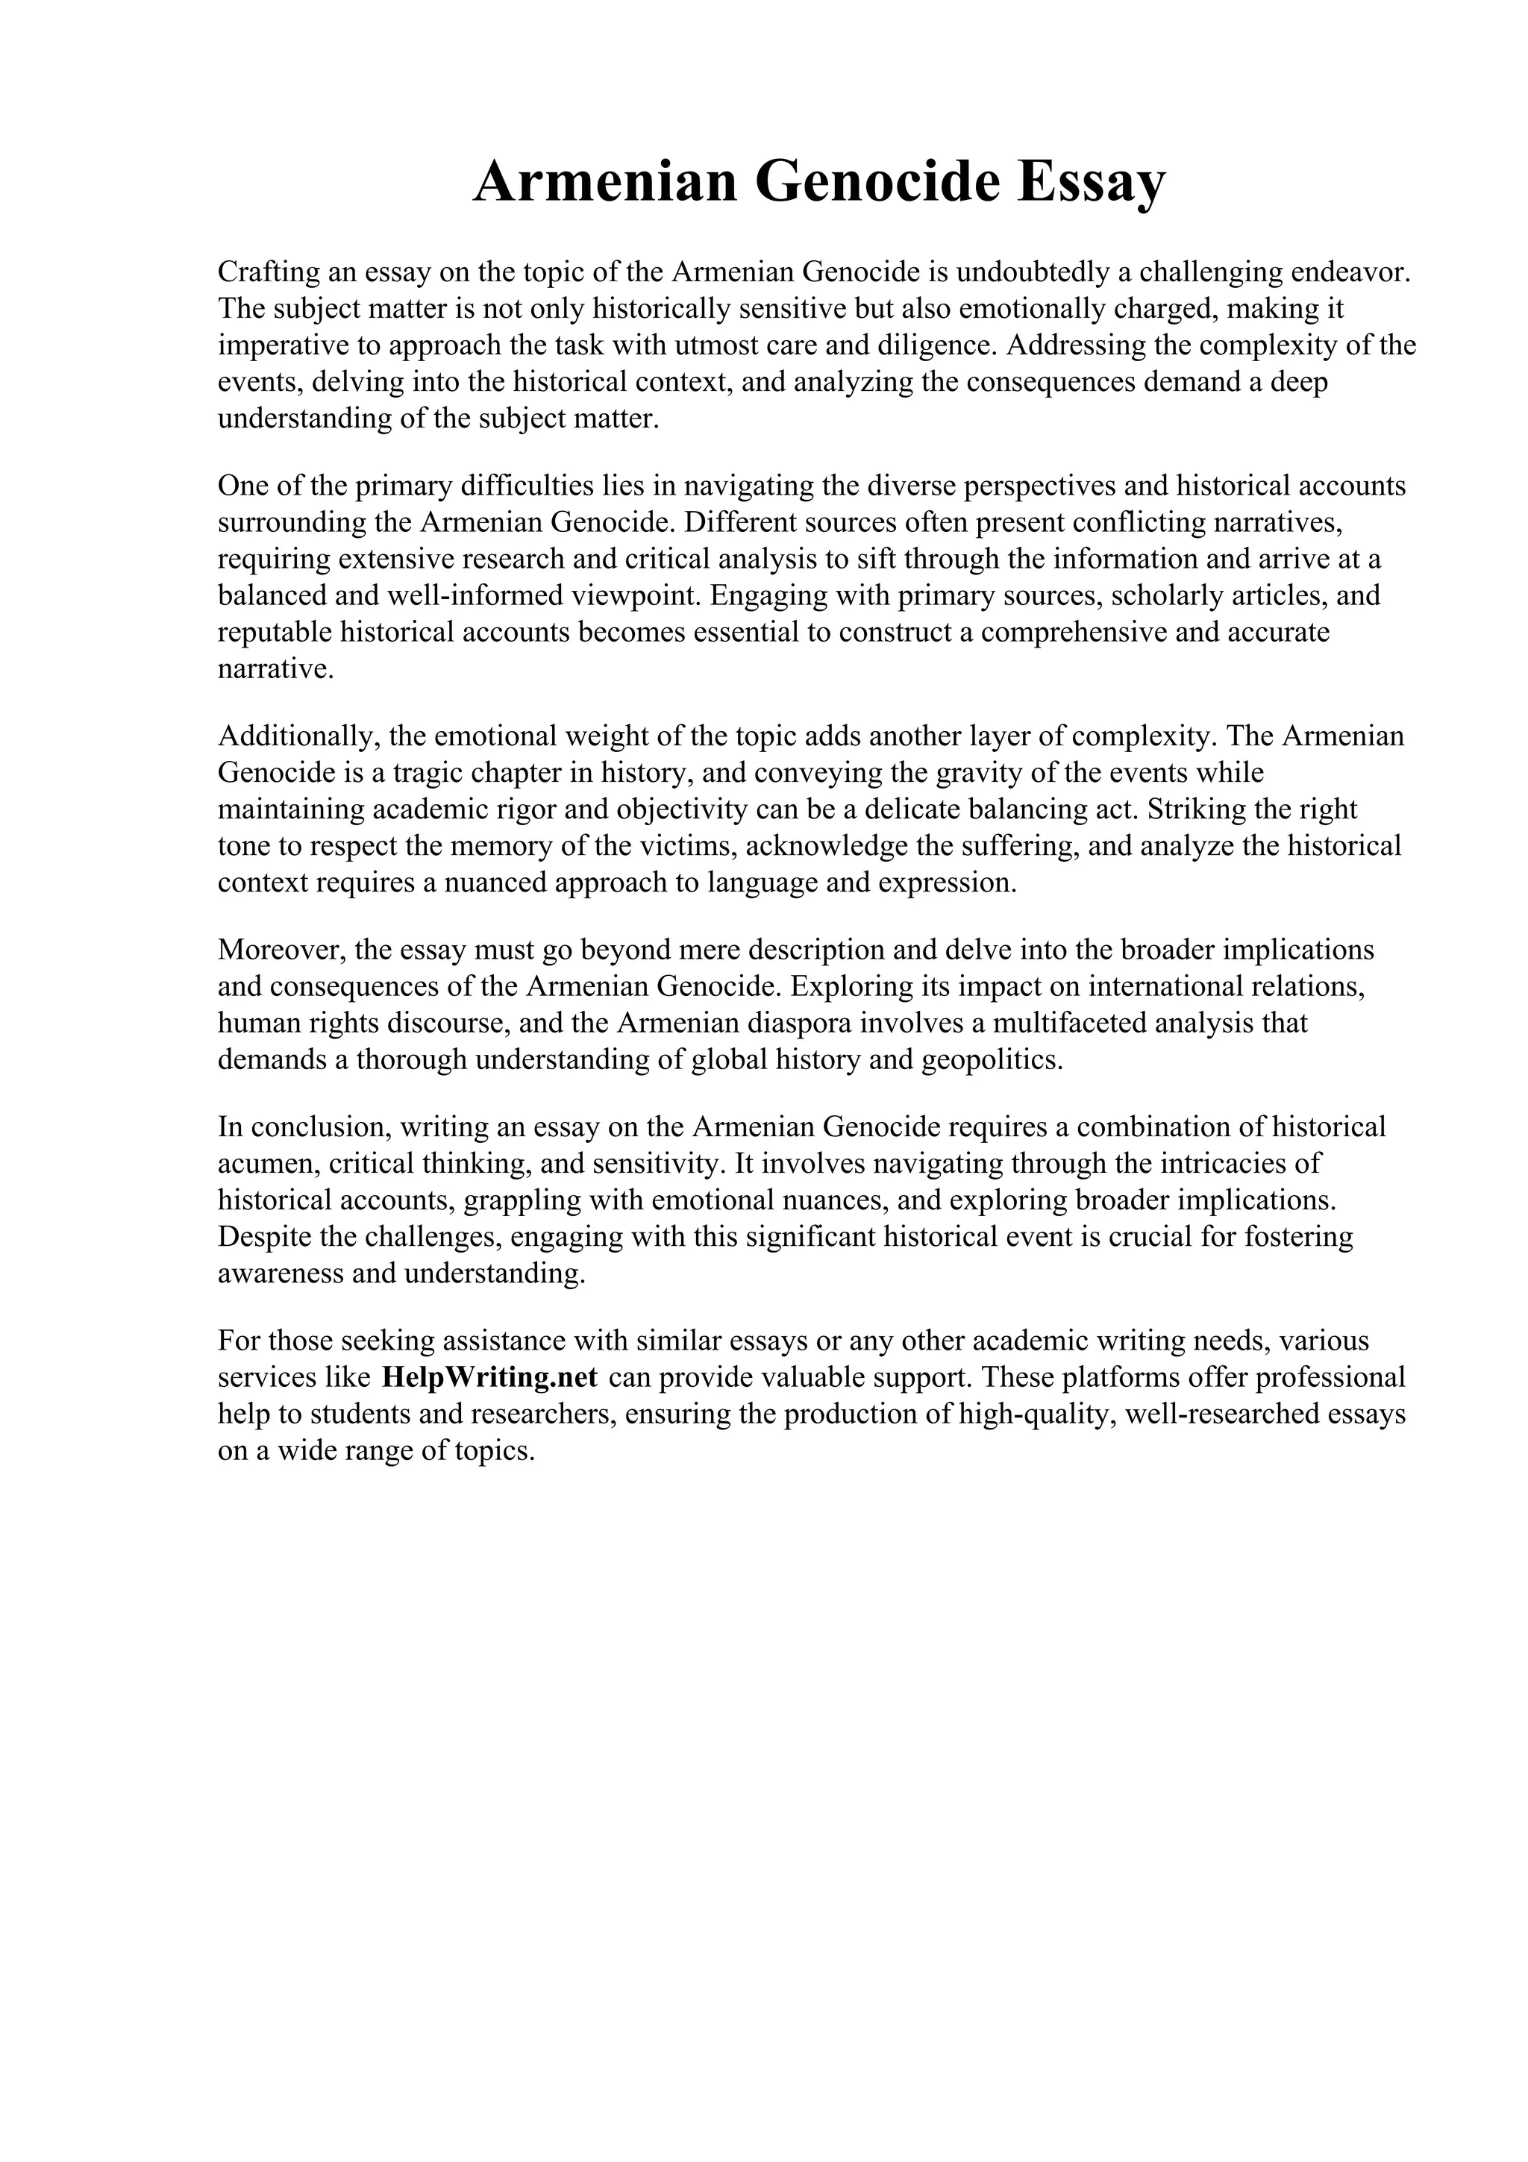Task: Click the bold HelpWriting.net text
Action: click(489, 1378)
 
